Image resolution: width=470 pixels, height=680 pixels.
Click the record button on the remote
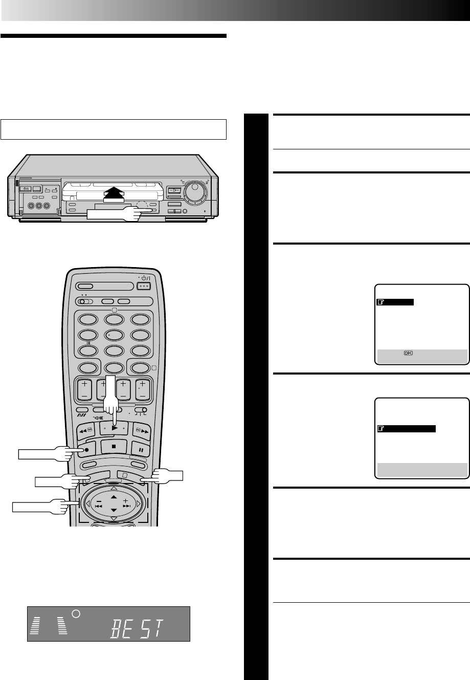(x=83, y=451)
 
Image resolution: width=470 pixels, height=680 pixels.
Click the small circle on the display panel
(x=76, y=613)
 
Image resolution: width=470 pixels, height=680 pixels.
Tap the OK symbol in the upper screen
(x=408, y=353)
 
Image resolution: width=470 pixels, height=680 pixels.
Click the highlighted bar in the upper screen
(x=395, y=302)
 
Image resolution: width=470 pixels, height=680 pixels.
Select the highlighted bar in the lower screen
(x=406, y=429)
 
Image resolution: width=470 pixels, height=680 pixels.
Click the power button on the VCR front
(x=25, y=189)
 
